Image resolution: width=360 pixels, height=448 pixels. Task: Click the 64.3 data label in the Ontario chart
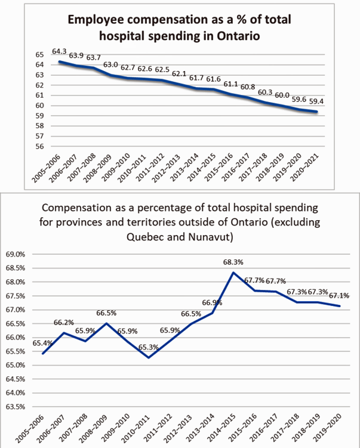(x=59, y=51)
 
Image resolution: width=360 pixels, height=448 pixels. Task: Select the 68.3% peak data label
(x=233, y=262)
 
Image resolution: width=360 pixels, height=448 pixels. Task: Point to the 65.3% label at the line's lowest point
(x=149, y=347)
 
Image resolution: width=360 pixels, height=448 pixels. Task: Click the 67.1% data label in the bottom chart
(x=339, y=296)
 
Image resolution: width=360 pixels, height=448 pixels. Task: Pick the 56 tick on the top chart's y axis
(x=40, y=147)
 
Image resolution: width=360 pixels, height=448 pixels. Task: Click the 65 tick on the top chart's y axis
(x=40, y=54)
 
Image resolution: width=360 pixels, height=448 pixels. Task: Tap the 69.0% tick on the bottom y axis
(x=16, y=254)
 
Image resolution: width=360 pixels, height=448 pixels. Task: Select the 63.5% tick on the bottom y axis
(x=16, y=407)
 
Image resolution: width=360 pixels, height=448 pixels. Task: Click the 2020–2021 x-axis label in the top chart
(x=304, y=168)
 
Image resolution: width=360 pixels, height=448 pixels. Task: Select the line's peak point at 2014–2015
(x=233, y=272)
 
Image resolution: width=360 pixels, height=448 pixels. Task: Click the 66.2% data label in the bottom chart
(x=64, y=323)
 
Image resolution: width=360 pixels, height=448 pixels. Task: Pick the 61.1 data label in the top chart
(x=231, y=84)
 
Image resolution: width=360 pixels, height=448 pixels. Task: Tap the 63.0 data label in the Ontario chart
(x=110, y=65)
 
